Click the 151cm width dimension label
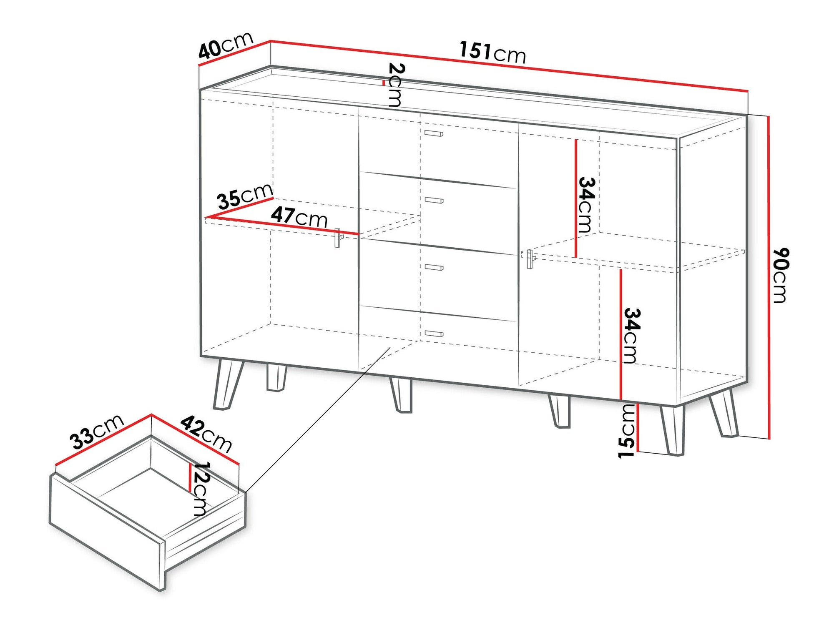coord(493,52)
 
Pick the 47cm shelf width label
coord(299,216)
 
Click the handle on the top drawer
coord(434,133)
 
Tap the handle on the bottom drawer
coord(434,333)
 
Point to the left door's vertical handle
coord(337,238)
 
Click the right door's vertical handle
coord(530,259)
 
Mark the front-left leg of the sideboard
coord(224,383)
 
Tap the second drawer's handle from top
coord(434,200)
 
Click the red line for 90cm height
coord(769,277)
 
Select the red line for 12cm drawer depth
coord(190,477)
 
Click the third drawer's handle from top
coord(434,267)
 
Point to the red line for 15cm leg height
coord(638,428)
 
